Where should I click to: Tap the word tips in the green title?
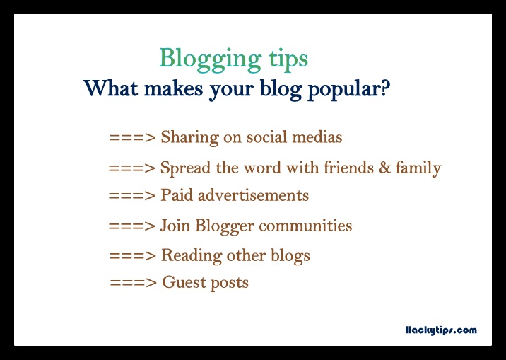(288, 59)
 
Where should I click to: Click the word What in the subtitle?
(111, 88)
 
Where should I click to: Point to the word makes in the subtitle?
(173, 88)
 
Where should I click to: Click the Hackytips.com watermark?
(441, 330)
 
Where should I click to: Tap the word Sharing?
(189, 138)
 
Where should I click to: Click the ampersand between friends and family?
(384, 168)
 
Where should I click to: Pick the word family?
(418, 168)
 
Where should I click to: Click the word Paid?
(177, 195)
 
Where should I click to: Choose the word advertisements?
(253, 195)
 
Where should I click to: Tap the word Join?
(175, 226)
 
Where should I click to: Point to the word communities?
(305, 226)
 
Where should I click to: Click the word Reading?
(192, 256)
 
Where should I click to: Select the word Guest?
(184, 282)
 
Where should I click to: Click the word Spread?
(185, 168)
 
